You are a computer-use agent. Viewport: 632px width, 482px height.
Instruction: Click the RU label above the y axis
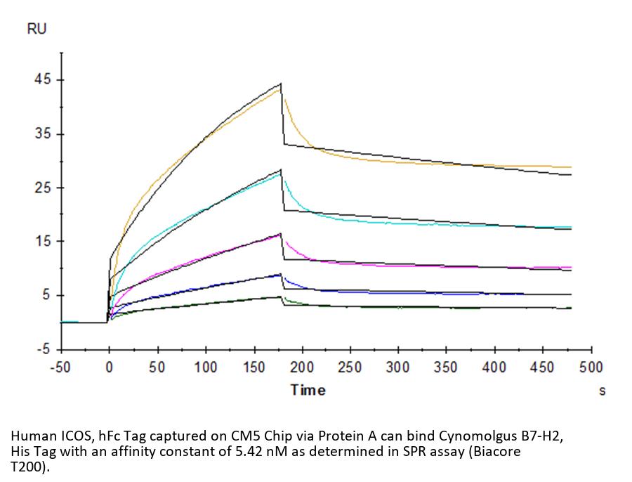(x=37, y=29)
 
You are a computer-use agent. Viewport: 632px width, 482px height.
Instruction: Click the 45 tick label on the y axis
(x=43, y=80)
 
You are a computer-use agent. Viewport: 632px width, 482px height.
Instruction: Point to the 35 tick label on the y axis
(x=43, y=134)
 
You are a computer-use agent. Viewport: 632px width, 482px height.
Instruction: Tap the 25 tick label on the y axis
(x=43, y=188)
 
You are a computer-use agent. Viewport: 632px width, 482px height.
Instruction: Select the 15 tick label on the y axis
(x=43, y=242)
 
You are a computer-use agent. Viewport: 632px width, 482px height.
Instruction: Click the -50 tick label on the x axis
(x=61, y=367)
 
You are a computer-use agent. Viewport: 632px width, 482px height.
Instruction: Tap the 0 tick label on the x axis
(x=109, y=367)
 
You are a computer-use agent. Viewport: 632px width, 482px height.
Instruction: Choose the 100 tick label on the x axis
(x=206, y=367)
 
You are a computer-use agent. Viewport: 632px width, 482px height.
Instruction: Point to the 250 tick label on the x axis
(x=350, y=367)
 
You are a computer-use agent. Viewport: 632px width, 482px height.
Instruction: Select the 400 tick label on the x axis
(x=494, y=367)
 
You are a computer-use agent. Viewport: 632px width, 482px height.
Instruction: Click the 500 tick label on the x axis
(x=591, y=367)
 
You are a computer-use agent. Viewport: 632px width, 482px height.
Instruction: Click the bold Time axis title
(x=308, y=390)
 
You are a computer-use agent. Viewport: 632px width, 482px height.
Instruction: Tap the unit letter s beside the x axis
(x=602, y=391)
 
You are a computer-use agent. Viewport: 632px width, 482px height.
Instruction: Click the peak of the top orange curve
(x=281, y=89)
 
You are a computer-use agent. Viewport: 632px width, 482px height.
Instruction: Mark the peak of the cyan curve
(x=281, y=174)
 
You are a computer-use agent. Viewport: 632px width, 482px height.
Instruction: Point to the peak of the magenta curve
(x=281, y=236)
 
